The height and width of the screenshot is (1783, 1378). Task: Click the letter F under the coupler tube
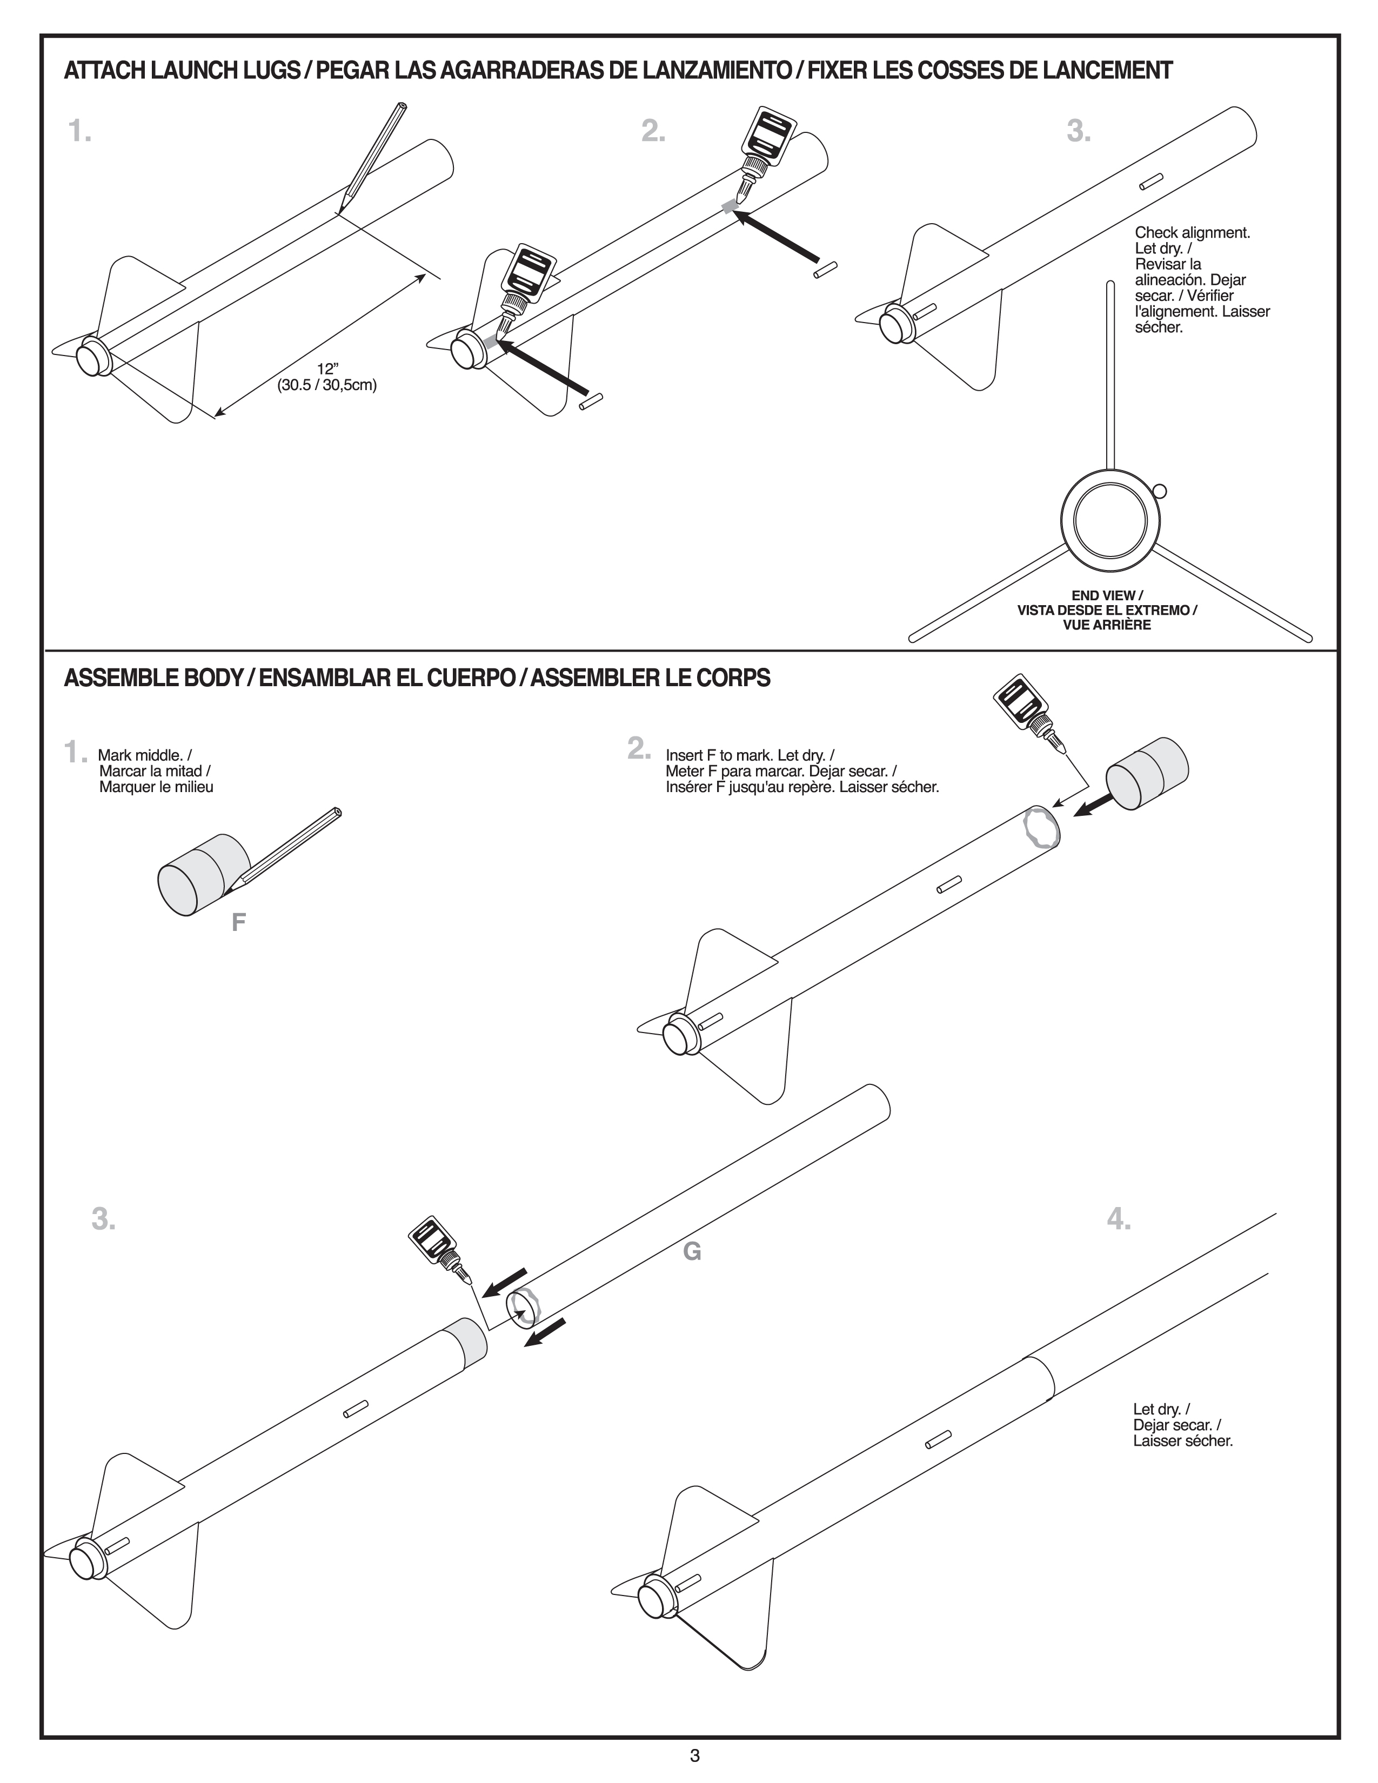pos(238,922)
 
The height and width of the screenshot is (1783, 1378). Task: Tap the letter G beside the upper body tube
pos(692,1251)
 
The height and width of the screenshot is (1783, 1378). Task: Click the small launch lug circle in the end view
pos(1160,492)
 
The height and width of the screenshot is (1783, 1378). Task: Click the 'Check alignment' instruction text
pos(1192,233)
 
